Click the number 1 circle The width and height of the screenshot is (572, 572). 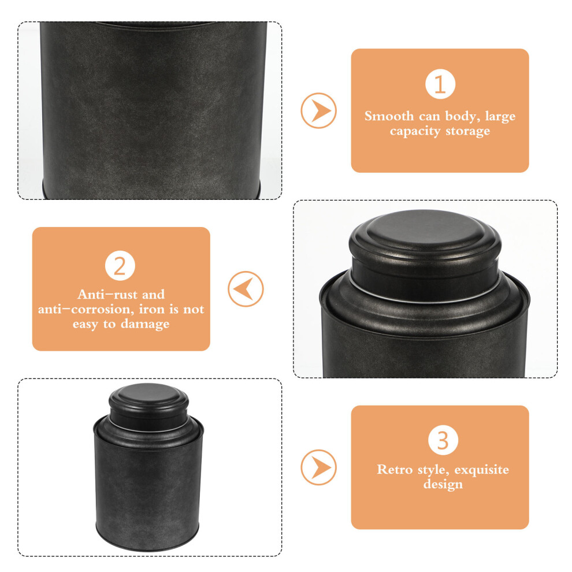440,84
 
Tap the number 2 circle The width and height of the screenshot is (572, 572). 120,266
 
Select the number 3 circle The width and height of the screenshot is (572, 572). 443,440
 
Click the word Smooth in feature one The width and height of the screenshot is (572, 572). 389,116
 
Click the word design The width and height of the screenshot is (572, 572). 443,484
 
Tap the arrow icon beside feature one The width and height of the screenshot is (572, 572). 318,110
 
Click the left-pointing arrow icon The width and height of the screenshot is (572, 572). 246,289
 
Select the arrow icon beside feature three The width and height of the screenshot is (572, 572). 318,467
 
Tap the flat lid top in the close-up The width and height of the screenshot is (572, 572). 425,228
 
